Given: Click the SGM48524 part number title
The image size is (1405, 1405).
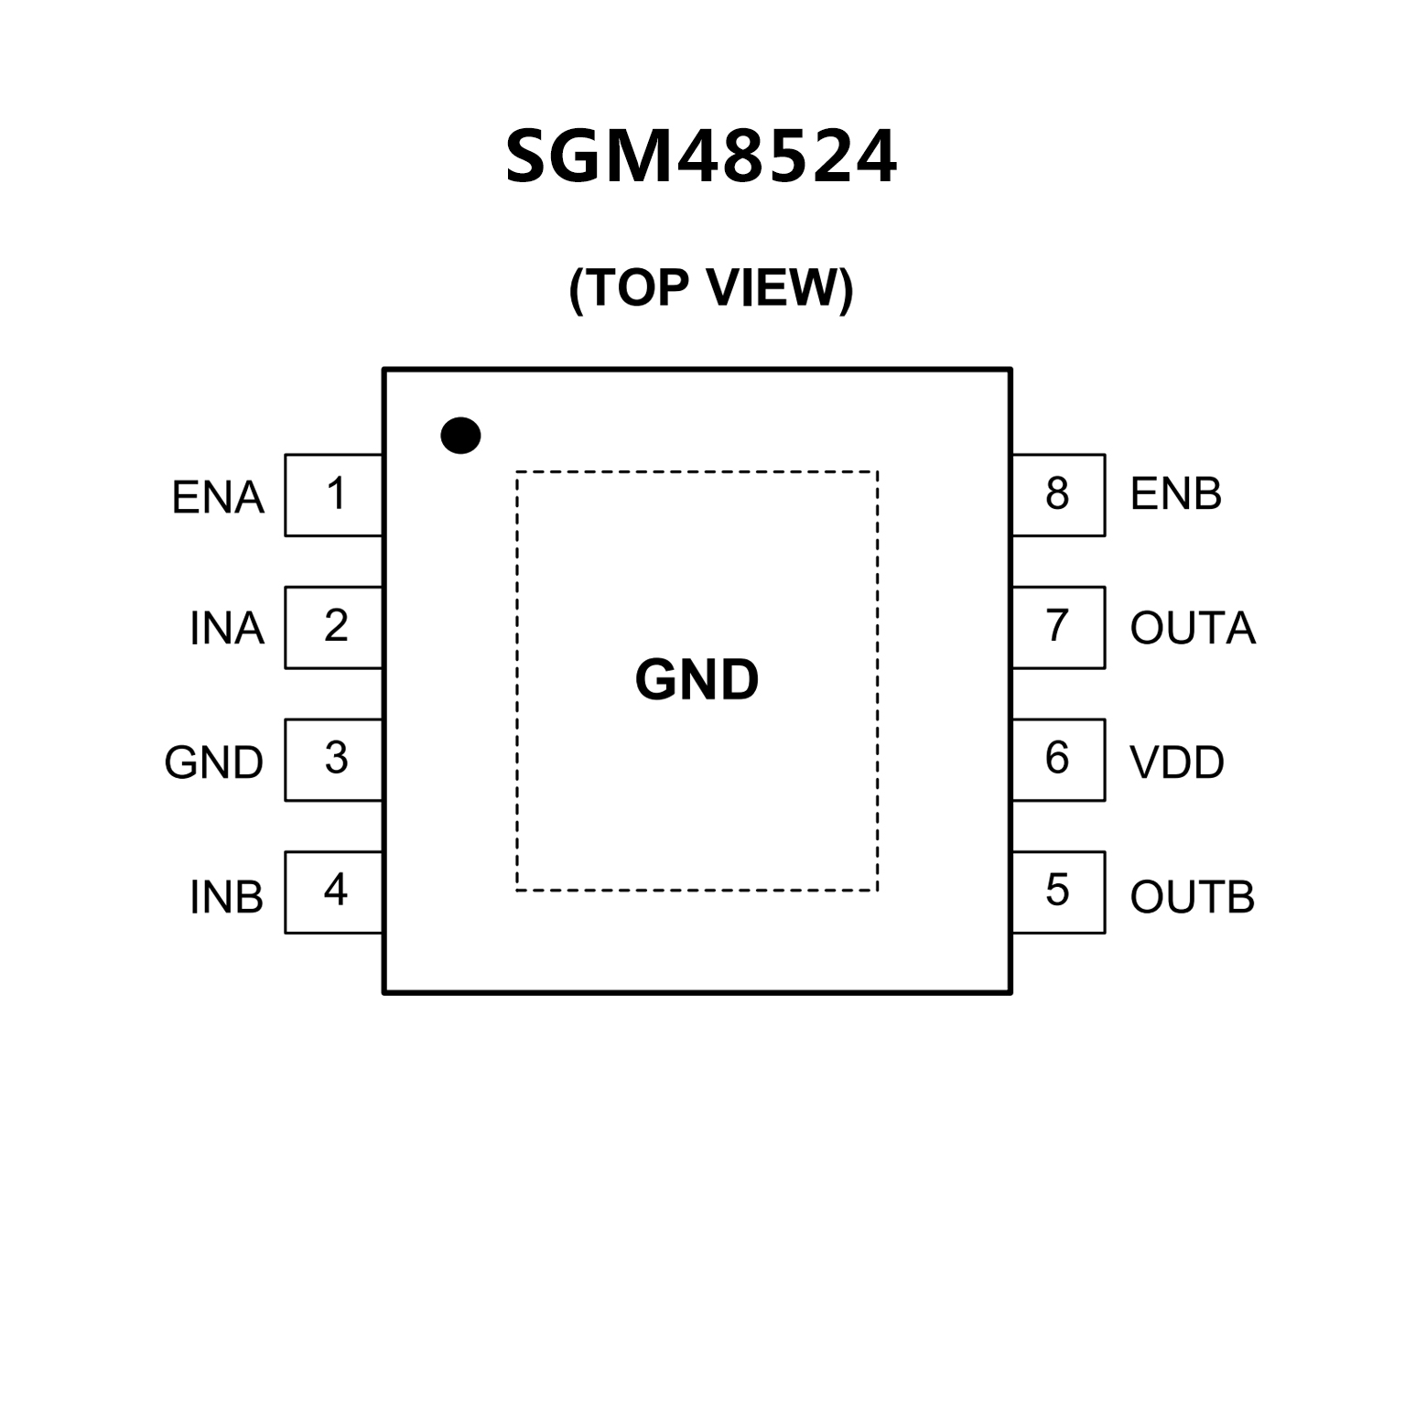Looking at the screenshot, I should (701, 157).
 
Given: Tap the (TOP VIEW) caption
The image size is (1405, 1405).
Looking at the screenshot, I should (710, 288).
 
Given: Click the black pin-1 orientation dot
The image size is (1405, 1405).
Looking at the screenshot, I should (460, 436).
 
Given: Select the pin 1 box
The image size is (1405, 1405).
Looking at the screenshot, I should (334, 494).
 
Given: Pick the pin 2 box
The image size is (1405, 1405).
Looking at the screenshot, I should (334, 627).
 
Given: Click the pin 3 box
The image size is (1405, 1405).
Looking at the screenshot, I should (334, 760).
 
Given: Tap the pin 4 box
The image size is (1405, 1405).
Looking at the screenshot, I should (334, 892).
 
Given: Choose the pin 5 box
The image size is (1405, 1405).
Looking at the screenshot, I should (1058, 892).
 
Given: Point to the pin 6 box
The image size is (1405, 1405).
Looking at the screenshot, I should (1058, 760).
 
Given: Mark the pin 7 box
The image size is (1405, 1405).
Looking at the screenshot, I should (1058, 627).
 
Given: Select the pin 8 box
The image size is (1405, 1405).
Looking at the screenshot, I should (1058, 494).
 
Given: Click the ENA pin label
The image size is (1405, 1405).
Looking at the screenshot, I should (218, 498).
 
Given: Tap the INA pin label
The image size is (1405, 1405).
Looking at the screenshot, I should (227, 630).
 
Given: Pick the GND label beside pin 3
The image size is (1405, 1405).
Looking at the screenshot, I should (214, 762).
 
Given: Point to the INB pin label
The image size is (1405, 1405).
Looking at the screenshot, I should (227, 898).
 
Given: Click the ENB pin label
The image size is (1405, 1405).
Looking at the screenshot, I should (1176, 494).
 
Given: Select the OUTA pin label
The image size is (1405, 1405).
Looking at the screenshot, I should (1193, 629).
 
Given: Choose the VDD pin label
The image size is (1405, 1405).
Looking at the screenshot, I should (1177, 762).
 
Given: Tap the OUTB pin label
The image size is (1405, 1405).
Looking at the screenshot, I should (1193, 897).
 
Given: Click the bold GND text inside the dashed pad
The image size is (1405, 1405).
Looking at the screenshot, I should (697, 680).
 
